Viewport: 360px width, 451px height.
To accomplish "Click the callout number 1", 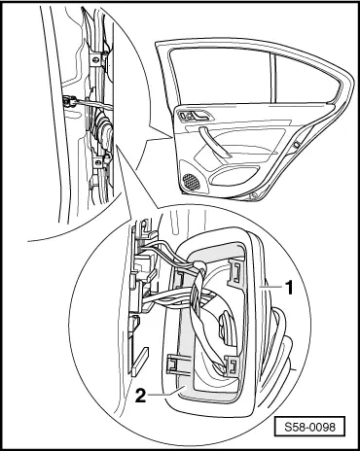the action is (289, 288).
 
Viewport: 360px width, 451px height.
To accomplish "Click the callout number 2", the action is (140, 395).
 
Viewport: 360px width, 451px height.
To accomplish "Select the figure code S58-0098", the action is (309, 427).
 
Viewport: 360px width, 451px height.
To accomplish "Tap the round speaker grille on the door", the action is (192, 182).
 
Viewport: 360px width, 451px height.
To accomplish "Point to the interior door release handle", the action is (196, 115).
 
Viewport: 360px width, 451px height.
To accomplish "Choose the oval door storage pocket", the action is (234, 176).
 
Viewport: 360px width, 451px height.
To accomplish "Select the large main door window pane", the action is (221, 77).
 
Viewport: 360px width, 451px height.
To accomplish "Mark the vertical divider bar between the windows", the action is (272, 79).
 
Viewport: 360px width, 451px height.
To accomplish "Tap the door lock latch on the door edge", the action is (296, 145).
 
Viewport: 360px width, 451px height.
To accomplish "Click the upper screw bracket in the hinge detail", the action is (96, 59).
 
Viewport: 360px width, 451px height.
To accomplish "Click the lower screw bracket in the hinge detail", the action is (98, 161).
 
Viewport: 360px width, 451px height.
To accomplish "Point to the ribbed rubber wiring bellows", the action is (102, 128).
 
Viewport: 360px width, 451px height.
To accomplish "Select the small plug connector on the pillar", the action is (69, 102).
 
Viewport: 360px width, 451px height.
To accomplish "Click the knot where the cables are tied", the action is (200, 268).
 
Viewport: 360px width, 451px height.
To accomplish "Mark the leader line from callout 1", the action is (271, 287).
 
